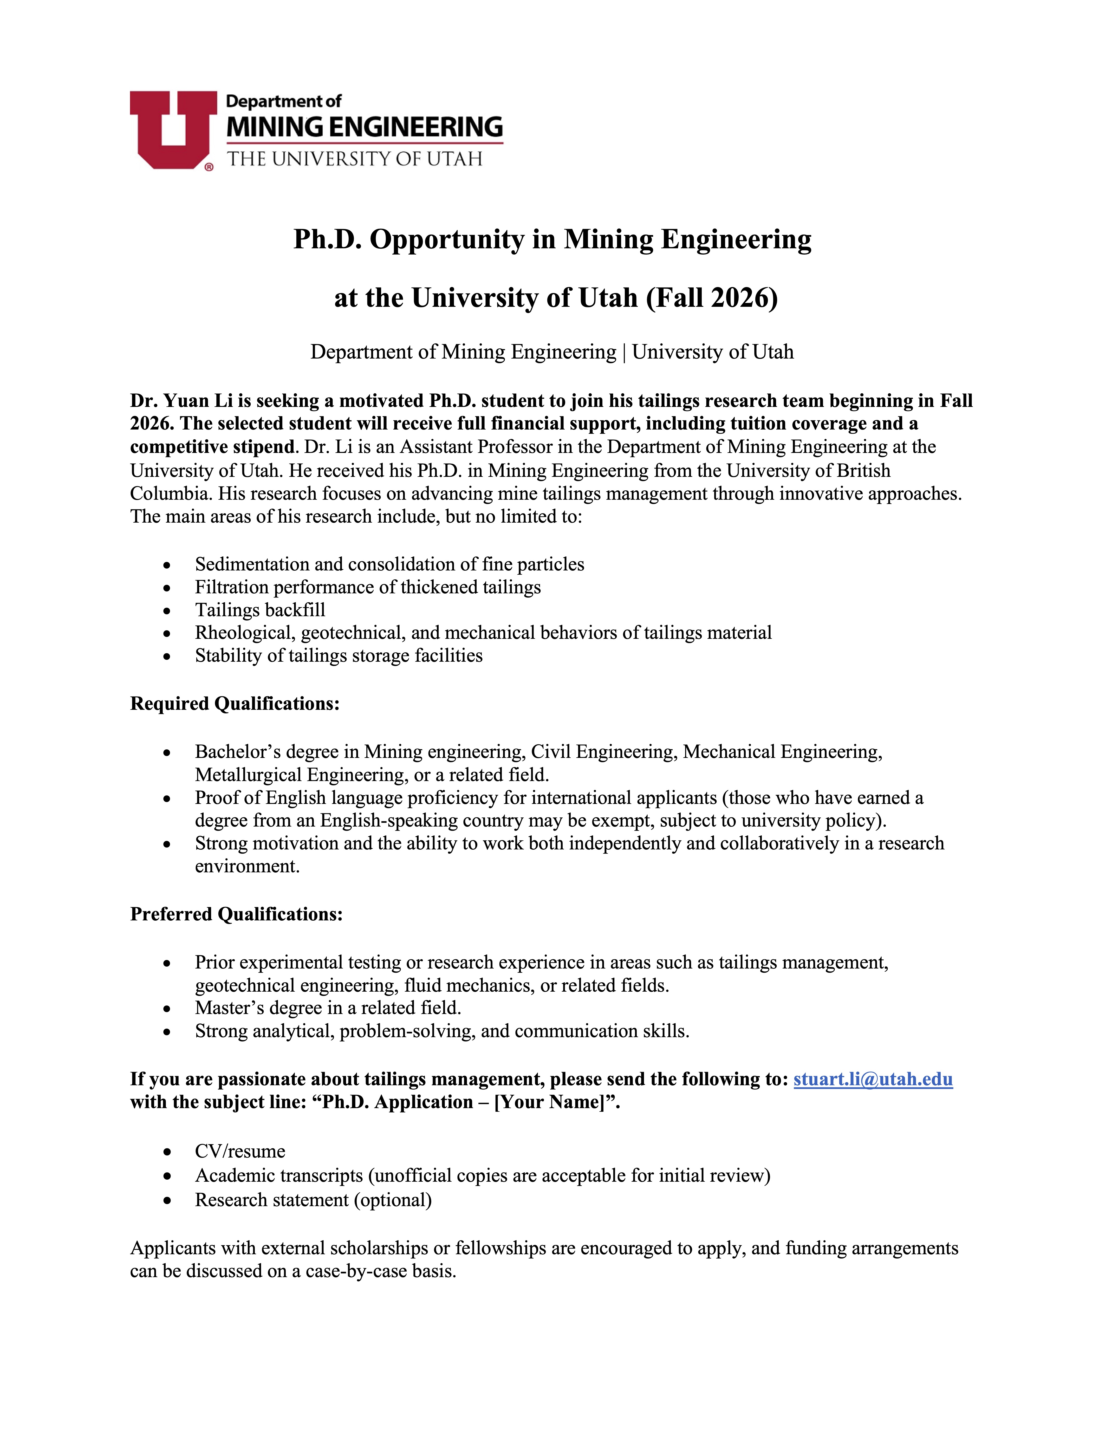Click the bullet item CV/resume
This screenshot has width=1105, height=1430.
point(240,1151)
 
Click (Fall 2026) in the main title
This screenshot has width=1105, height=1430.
point(712,298)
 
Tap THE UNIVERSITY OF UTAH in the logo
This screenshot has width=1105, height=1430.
point(354,159)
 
